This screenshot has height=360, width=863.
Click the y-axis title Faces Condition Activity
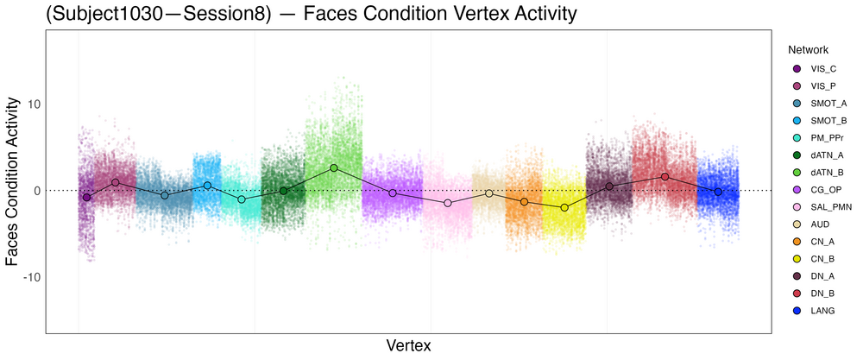(13, 182)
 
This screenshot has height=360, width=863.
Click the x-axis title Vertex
(409, 345)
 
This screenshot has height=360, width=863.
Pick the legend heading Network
(802, 50)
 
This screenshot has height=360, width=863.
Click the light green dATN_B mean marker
(333, 167)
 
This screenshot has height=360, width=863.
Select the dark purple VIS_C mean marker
(86, 198)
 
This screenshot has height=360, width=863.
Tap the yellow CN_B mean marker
(564, 208)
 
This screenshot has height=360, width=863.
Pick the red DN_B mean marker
(665, 176)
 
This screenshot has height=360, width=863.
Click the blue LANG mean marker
(718, 192)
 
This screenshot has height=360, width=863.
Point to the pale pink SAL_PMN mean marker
(447, 203)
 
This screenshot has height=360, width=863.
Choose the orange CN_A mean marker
(524, 201)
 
